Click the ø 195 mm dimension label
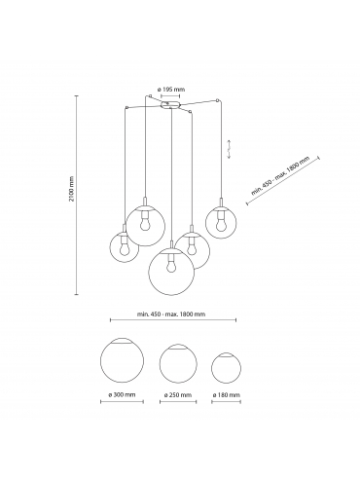tap(170, 90)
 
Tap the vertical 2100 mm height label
tap(72, 189)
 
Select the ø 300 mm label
tap(122, 394)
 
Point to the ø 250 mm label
tap(178, 395)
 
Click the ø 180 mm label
tap(227, 395)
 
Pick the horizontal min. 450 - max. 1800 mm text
tap(171, 314)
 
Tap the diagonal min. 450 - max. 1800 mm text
tap(280, 175)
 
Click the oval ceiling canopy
tap(170, 105)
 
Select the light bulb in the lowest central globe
tap(170, 266)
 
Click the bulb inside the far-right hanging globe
tap(221, 225)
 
